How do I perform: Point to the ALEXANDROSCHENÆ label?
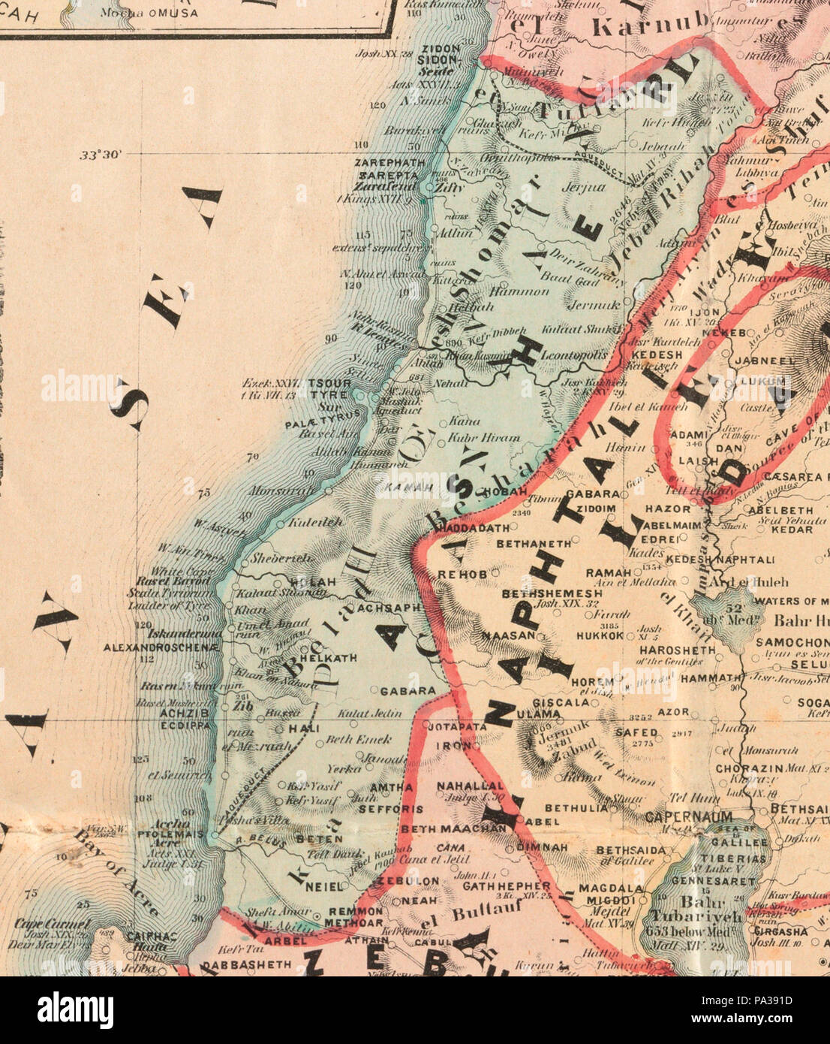(x=161, y=647)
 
